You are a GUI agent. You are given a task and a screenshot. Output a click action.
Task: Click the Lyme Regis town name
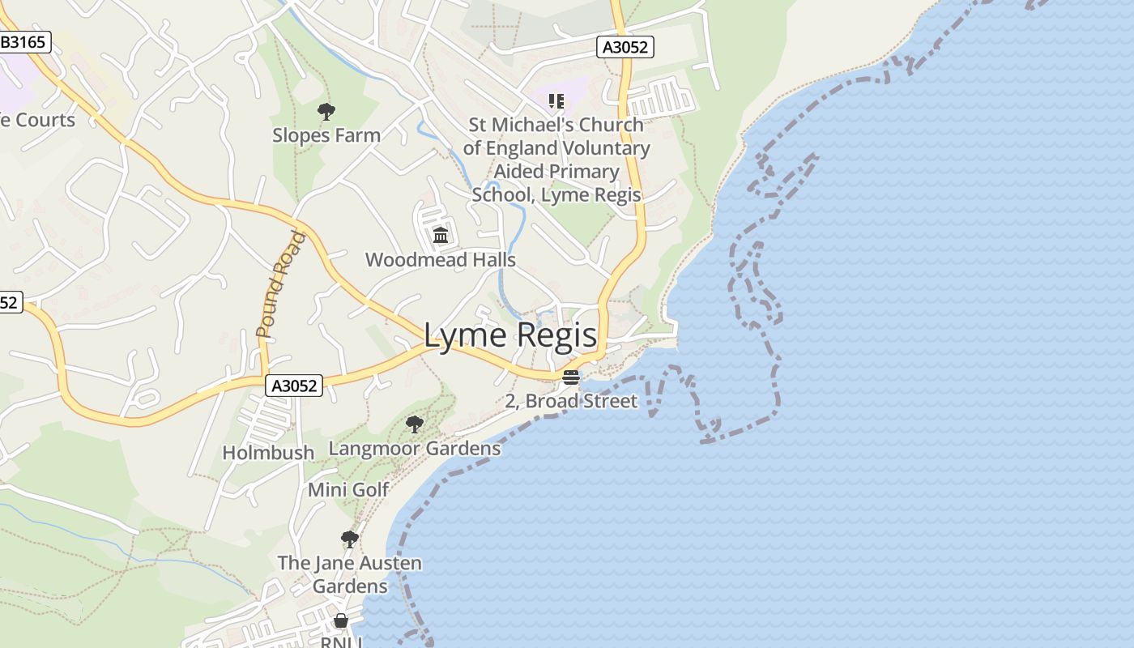tap(510, 336)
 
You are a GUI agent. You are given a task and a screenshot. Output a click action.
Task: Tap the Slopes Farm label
tap(326, 135)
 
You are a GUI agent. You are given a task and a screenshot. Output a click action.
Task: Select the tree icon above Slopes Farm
tap(326, 112)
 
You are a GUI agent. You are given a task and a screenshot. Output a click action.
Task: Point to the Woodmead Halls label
tap(440, 260)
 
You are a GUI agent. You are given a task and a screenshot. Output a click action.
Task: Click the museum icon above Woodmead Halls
tap(441, 236)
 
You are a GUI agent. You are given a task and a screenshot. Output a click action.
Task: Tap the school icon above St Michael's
tap(556, 101)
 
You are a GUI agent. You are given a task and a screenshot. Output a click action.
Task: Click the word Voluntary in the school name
tap(602, 148)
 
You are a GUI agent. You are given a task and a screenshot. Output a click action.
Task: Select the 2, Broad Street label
tap(570, 401)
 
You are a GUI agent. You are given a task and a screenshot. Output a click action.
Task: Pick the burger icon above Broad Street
tap(571, 377)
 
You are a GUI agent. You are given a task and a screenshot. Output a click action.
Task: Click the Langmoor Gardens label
tap(414, 449)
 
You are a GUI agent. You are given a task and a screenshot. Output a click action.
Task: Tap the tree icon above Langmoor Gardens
tap(414, 424)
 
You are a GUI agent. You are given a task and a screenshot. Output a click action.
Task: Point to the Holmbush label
tap(268, 453)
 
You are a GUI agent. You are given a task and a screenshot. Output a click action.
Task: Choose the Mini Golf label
tap(348, 490)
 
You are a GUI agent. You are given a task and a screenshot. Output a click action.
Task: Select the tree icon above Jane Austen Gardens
tap(349, 539)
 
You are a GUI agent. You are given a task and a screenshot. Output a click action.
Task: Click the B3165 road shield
tap(23, 42)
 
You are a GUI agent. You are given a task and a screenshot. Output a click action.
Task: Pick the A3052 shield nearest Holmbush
tap(294, 386)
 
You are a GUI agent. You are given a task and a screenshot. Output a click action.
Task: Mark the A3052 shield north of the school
tap(625, 47)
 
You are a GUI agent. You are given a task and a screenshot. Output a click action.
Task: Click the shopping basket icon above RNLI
tap(341, 620)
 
